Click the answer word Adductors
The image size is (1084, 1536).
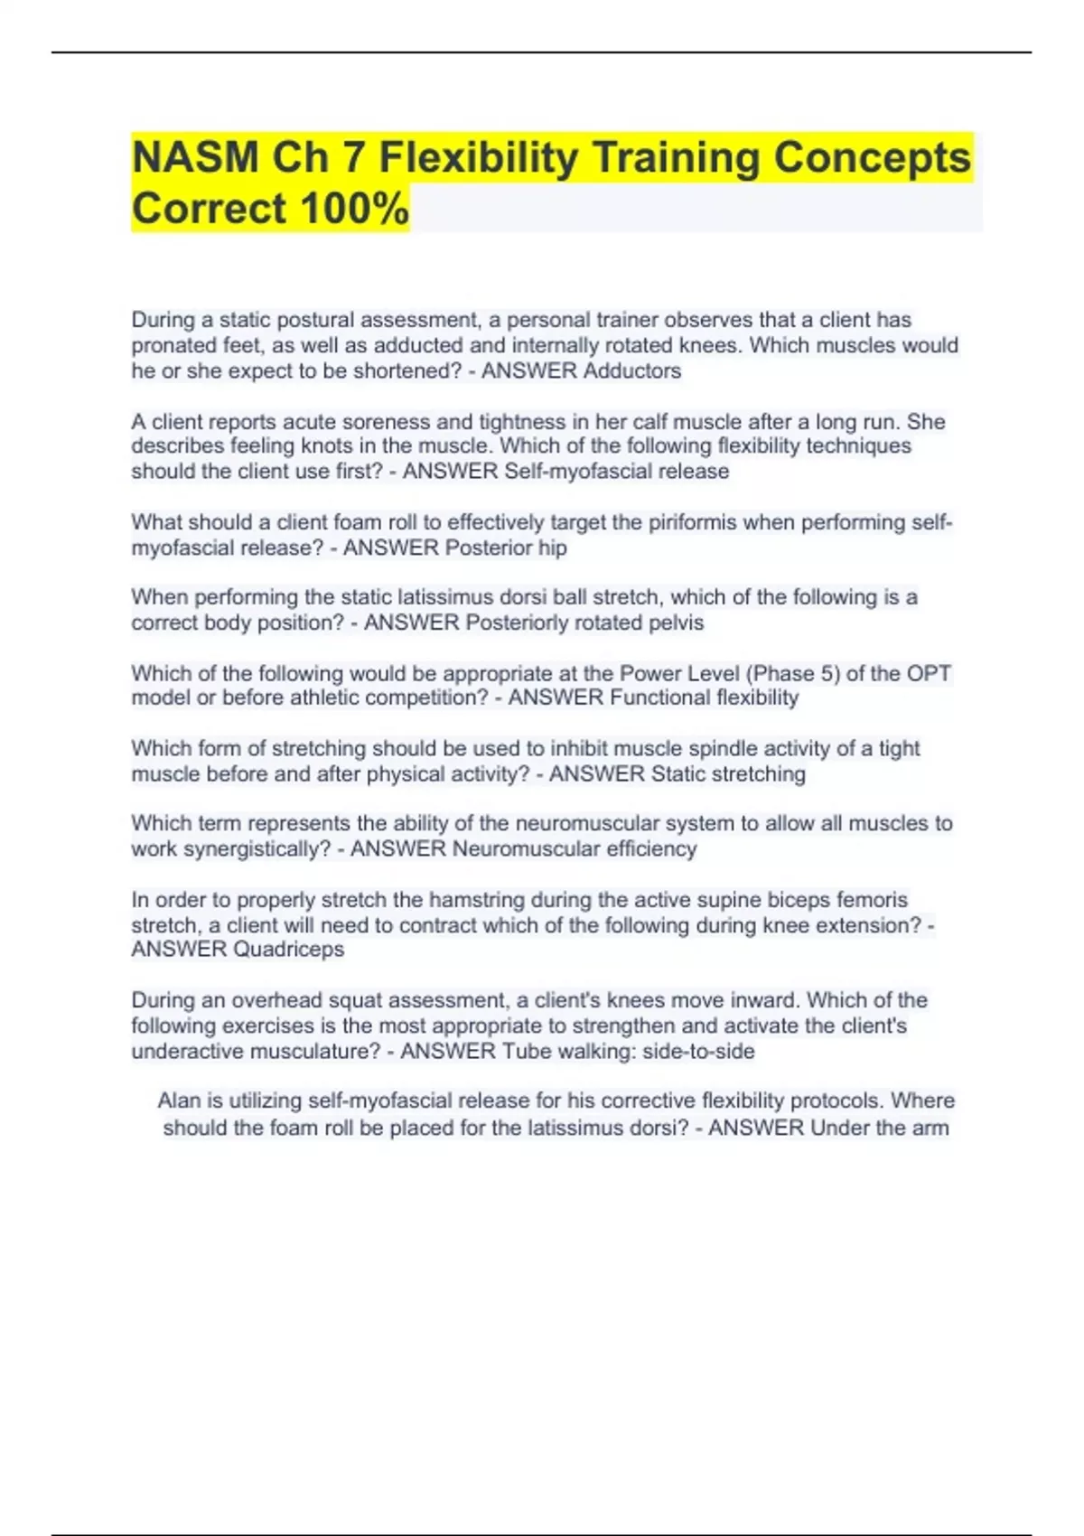coord(631,371)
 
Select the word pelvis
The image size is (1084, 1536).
coord(676,623)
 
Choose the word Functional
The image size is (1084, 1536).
coord(659,698)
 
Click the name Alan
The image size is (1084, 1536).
coord(178,1100)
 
